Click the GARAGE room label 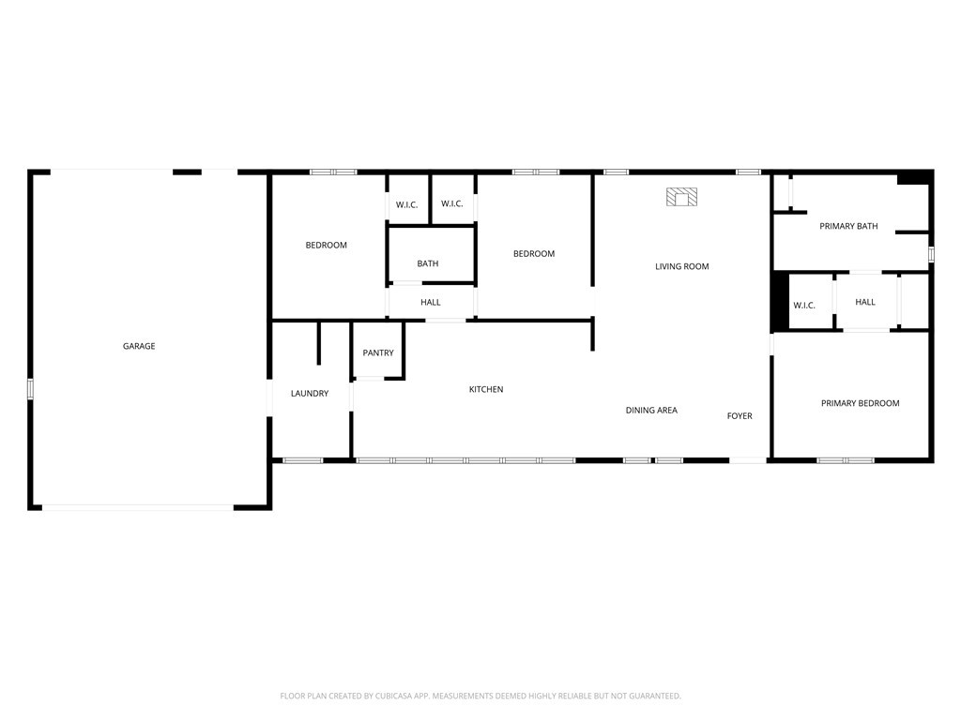click(x=139, y=346)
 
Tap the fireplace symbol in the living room click(x=682, y=197)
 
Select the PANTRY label click(x=378, y=352)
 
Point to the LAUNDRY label click(x=310, y=394)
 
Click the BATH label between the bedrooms click(x=428, y=263)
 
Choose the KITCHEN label click(x=486, y=389)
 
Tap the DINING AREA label click(x=651, y=410)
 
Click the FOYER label click(x=740, y=415)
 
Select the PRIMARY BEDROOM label click(x=860, y=403)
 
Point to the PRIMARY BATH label click(x=848, y=226)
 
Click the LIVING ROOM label click(x=681, y=266)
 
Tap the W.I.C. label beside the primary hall click(x=804, y=306)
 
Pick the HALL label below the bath click(x=431, y=302)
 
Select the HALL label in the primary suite click(x=865, y=302)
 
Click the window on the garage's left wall click(x=30, y=389)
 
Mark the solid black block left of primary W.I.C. click(x=779, y=301)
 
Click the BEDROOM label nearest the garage click(x=326, y=245)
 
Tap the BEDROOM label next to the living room click(x=533, y=253)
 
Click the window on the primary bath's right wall click(x=931, y=254)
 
